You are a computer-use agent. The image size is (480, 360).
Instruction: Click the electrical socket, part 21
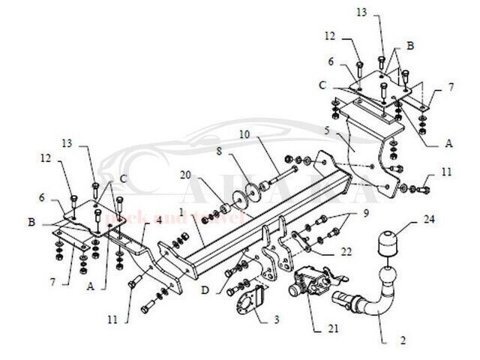click(x=310, y=283)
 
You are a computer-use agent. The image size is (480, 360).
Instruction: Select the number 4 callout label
click(x=158, y=220)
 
